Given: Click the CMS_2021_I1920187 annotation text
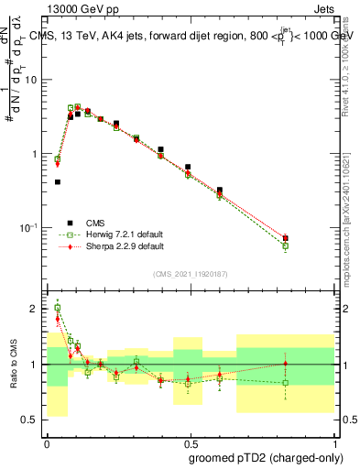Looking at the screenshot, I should point(191,274).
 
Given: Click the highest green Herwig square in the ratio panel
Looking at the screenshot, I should point(58,308).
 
